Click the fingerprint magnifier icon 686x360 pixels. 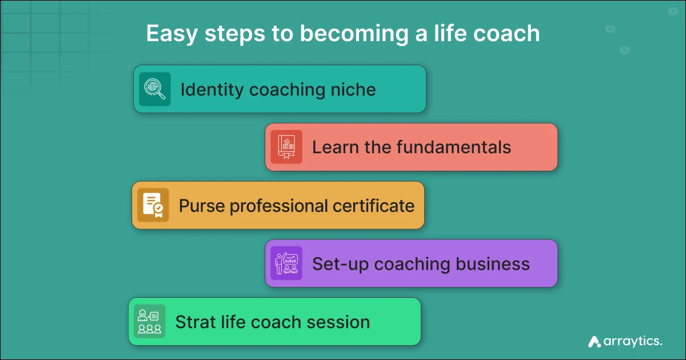click(x=155, y=89)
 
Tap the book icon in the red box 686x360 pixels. click(x=286, y=147)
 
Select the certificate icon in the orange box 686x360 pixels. click(x=153, y=205)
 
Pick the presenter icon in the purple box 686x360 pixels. click(x=286, y=263)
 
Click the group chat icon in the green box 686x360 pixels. click(x=149, y=322)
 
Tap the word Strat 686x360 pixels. click(x=193, y=322)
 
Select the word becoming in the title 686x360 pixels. click(x=348, y=34)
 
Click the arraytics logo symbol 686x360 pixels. click(x=595, y=342)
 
